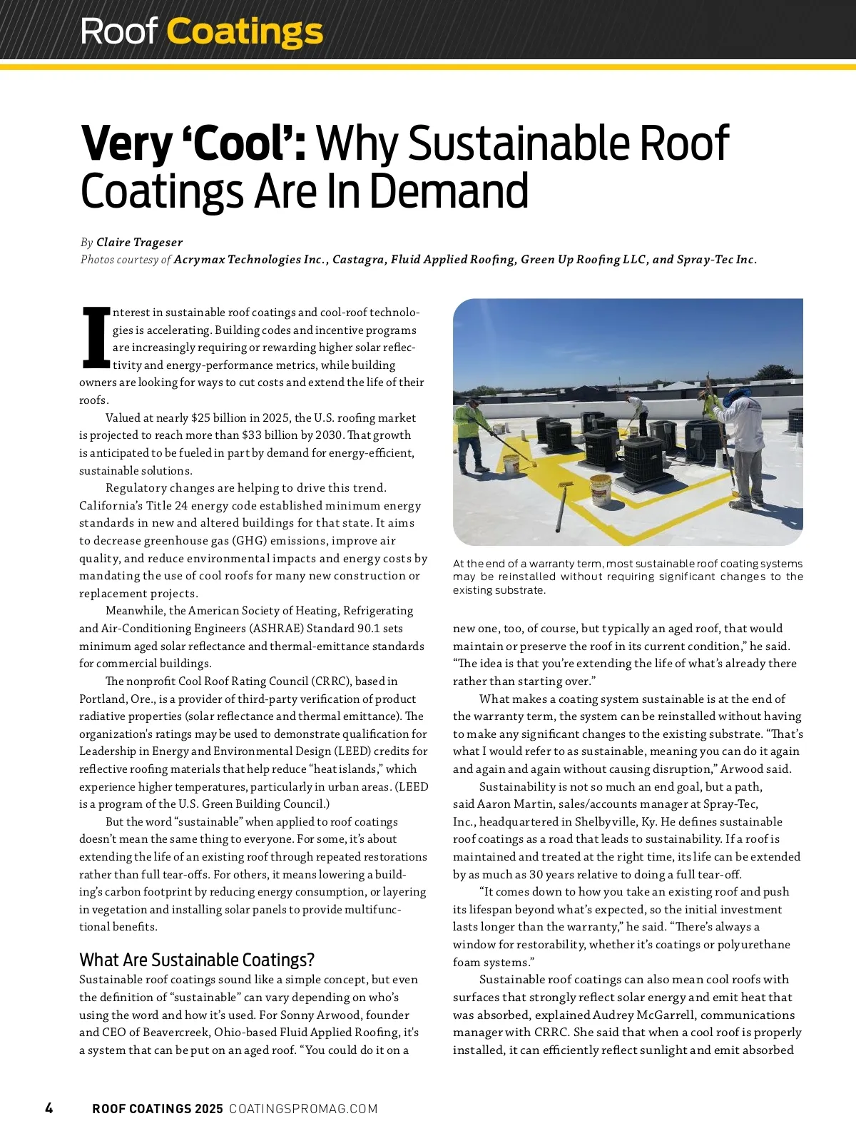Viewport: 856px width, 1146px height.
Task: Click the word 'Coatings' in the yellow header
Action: (245, 31)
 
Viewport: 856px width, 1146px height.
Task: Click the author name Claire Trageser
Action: (139, 243)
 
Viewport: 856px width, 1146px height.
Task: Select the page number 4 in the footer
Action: (49, 1108)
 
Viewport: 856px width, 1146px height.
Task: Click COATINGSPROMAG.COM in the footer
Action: (303, 1109)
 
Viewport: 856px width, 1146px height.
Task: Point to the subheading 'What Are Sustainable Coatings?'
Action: (197, 960)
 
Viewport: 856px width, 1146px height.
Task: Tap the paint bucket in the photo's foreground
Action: (601, 489)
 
